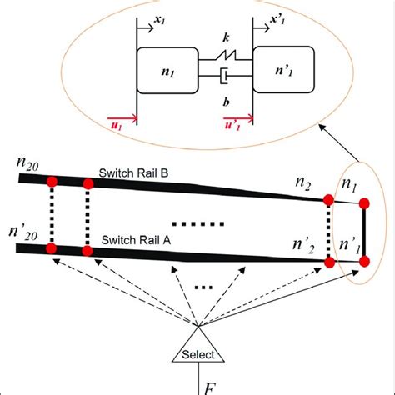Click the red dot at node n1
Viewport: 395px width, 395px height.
(363, 202)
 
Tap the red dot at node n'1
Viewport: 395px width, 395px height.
(363, 262)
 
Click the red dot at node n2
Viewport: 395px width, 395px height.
(328, 200)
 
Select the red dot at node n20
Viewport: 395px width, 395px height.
(52, 181)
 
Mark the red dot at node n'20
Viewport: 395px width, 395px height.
(52, 247)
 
